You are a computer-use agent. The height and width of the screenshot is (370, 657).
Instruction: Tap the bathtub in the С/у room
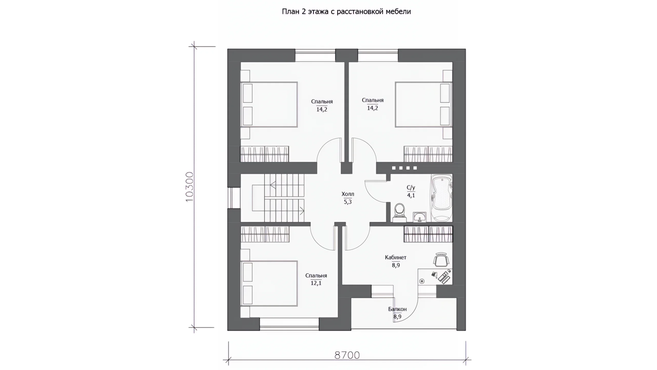tap(441, 198)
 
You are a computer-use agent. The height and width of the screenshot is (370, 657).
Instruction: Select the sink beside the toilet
tap(420, 217)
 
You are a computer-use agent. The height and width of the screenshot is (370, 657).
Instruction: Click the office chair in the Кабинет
tap(441, 260)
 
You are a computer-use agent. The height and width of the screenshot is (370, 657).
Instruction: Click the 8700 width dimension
tap(347, 355)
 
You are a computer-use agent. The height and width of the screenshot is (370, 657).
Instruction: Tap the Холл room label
tap(348, 194)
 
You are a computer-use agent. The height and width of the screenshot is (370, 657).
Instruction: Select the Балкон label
tap(397, 309)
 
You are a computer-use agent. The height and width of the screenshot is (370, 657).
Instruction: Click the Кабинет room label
tap(395, 257)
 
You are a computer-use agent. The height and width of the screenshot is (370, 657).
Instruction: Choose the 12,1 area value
tap(316, 283)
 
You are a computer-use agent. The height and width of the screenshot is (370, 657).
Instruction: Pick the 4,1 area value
tap(411, 195)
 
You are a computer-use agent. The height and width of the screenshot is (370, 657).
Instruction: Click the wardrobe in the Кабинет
tap(428, 234)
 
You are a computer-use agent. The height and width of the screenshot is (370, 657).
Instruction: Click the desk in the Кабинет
tap(435, 276)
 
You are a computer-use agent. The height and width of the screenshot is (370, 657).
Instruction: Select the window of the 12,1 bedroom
tap(289, 324)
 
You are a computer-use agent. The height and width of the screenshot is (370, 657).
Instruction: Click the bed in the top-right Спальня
tap(424, 104)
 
